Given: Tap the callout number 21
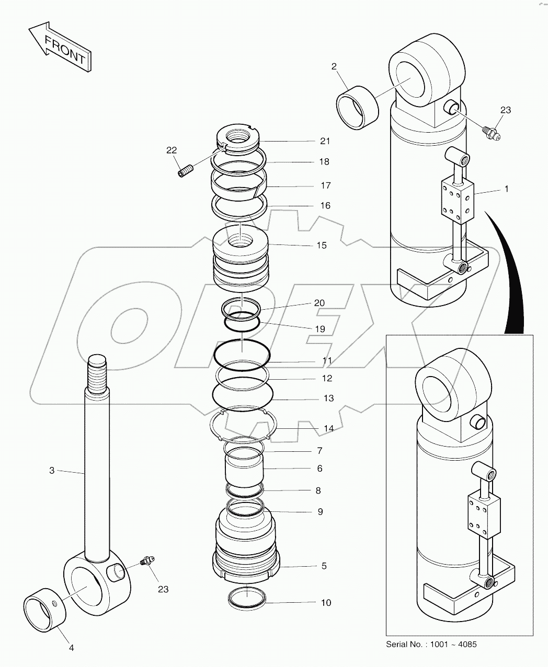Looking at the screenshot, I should [325, 141].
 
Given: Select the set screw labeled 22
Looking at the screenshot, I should [185, 170].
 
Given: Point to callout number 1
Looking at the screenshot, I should [506, 189].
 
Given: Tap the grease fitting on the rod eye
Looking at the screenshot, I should [146, 563].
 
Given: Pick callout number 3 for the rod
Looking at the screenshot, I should [52, 470].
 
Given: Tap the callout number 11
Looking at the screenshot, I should [327, 360].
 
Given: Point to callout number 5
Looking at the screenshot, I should [324, 566].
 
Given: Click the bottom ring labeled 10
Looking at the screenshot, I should [248, 597].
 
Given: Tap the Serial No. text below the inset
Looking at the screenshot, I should [431, 644].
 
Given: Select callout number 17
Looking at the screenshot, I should [325, 185].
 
